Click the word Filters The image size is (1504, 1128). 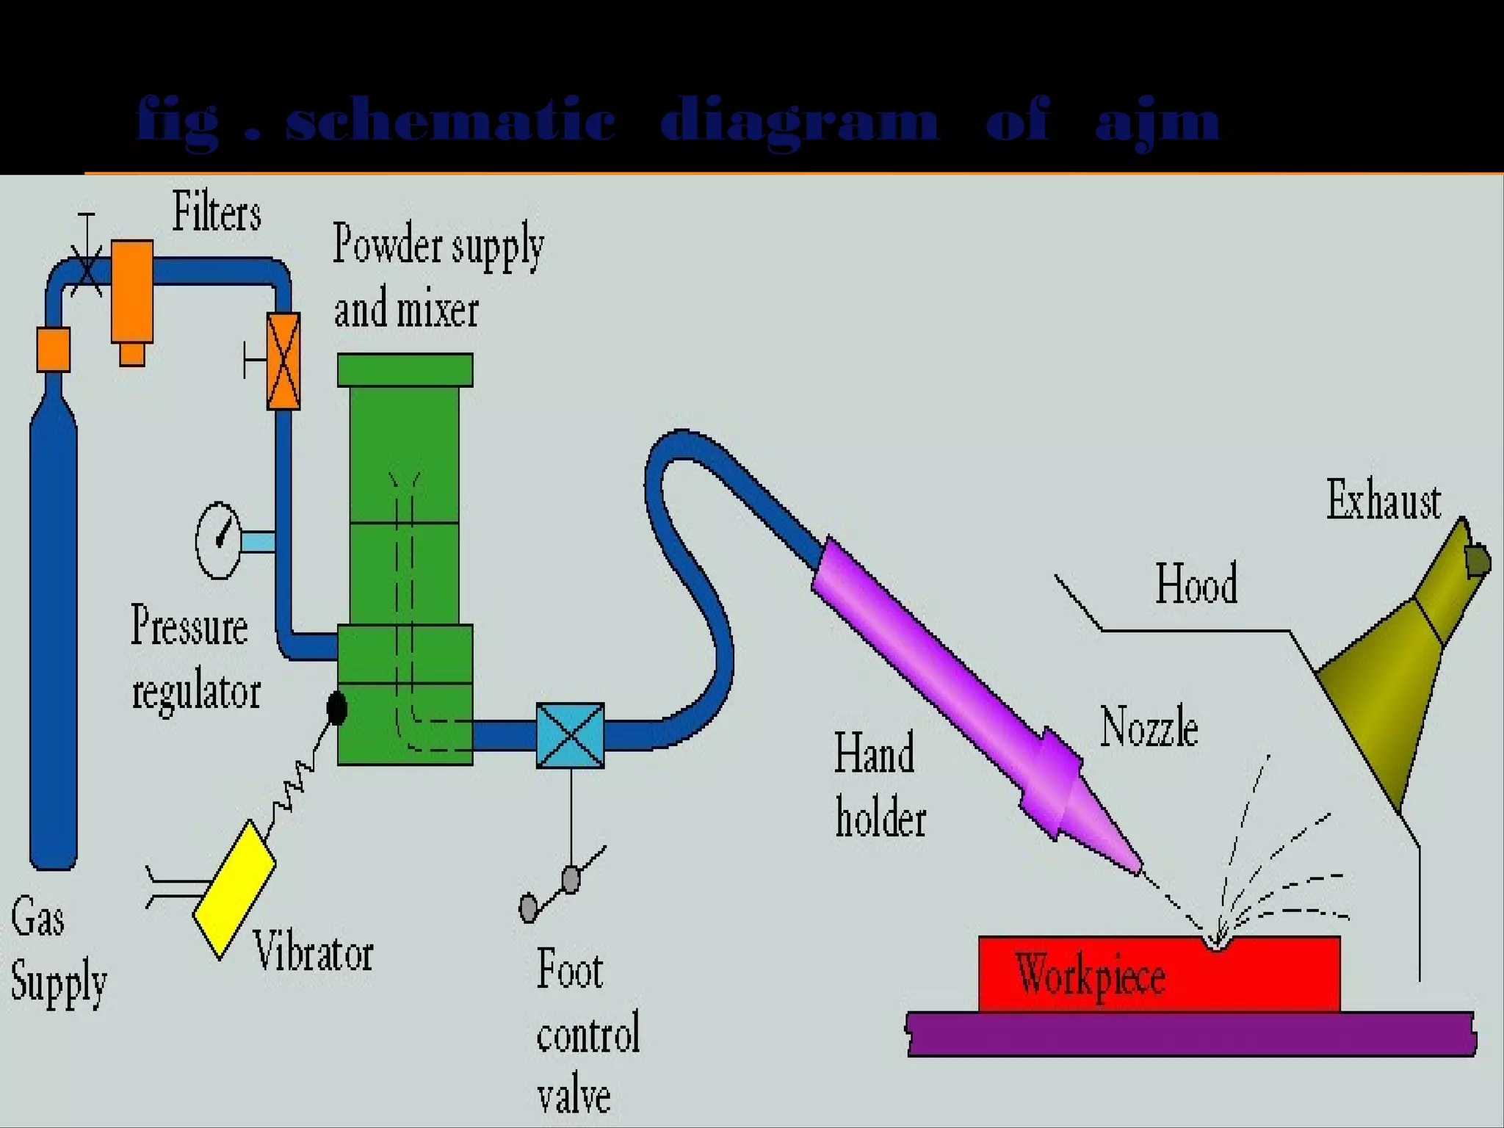pos(217,213)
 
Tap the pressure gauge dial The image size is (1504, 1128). pos(218,540)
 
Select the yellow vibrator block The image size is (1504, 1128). pos(234,889)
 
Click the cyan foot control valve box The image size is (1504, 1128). pos(570,735)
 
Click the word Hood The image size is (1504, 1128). pos(1196,585)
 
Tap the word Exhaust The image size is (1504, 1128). pos(1383,501)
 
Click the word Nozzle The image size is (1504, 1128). pos(1149,727)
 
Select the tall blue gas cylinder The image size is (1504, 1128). pos(54,624)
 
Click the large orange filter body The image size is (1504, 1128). pos(132,291)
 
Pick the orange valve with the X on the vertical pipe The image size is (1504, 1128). pos(283,361)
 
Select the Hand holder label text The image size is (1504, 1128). pos(879,785)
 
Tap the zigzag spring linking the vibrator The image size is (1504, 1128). pos(294,787)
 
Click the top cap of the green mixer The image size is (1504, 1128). pos(405,370)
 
